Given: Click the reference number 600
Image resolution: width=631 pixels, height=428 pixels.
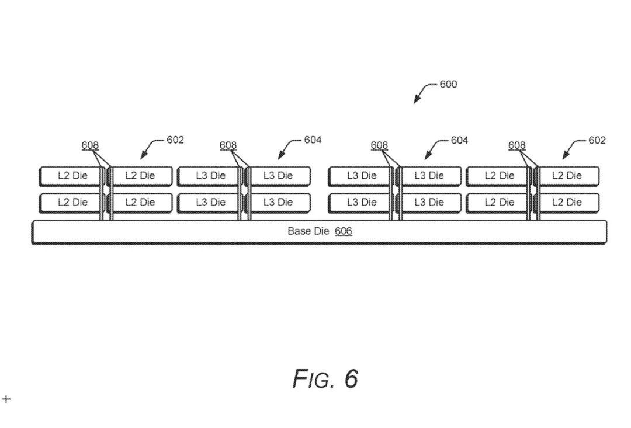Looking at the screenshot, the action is point(448,85).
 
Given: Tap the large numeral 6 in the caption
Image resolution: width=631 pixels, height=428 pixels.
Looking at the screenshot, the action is point(351,378).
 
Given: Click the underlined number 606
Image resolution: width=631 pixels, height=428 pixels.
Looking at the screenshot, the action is point(344,231).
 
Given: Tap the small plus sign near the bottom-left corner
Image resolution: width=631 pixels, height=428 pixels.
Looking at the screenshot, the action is point(6,399).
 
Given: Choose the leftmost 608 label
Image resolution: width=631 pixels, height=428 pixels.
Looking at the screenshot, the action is point(90,145).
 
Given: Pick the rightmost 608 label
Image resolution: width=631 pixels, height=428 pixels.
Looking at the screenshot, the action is point(517,145).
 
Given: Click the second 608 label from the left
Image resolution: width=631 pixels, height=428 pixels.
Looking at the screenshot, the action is point(228,145).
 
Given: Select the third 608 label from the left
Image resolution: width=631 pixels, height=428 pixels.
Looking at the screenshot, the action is point(380,145).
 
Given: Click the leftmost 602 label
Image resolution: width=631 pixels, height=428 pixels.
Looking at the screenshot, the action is point(175,140).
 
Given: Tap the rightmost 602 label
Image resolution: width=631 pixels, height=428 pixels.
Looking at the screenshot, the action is point(597,140).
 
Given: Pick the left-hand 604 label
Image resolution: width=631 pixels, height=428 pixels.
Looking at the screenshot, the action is point(313,140).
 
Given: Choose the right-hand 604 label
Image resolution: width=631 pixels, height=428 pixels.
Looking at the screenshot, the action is point(460,140).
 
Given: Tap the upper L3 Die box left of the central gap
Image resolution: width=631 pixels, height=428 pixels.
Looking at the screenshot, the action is point(278,176).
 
